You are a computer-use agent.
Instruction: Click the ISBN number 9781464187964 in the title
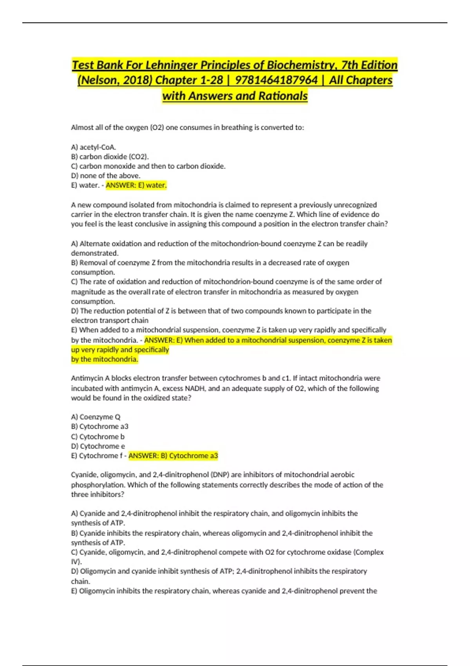(276, 80)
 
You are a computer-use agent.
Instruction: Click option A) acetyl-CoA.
(93, 147)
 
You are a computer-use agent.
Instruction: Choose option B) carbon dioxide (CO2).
(110, 157)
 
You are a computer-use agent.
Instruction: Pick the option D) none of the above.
(105, 176)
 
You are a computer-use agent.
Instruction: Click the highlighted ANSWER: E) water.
(136, 185)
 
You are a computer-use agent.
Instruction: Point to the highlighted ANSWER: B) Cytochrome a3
(173, 456)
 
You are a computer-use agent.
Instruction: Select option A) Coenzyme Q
(96, 417)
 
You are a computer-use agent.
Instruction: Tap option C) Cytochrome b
(98, 436)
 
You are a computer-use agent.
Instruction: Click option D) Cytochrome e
(98, 446)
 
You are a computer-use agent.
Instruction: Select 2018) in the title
(137, 80)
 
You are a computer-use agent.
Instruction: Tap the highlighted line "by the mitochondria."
(105, 359)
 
